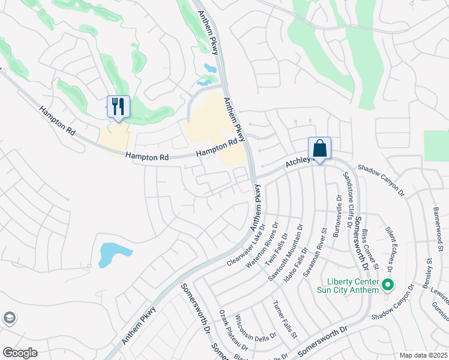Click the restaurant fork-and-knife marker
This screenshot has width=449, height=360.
click(x=118, y=107)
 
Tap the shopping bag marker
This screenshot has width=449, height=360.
click(x=319, y=148)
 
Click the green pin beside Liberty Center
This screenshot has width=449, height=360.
click(x=388, y=285)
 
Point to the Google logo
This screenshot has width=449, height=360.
click(x=20, y=353)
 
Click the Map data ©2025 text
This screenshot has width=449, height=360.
click(x=423, y=355)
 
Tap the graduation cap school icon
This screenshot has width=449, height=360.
click(x=9, y=317)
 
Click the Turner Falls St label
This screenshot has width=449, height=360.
click(x=285, y=319)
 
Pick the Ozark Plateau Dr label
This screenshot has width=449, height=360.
click(x=233, y=331)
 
